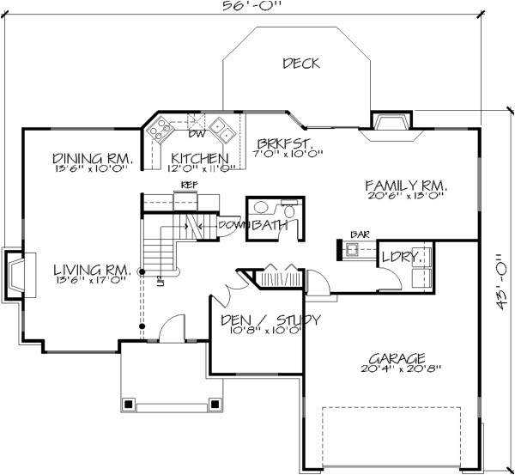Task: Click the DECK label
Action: [x=300, y=63]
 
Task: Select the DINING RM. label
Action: [x=92, y=158]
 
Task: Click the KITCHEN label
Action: [x=199, y=159]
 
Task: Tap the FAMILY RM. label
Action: [x=407, y=185]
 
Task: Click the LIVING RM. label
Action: [x=90, y=269]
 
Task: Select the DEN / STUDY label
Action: [x=271, y=320]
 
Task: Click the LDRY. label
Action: [x=403, y=256]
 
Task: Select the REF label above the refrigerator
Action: [x=187, y=186]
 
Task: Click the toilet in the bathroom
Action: [x=289, y=210]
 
